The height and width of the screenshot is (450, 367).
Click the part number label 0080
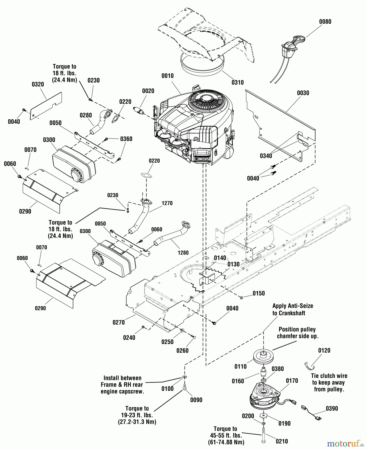[325, 22]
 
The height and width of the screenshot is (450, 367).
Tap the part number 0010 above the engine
[167, 76]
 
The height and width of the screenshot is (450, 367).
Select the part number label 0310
[237, 82]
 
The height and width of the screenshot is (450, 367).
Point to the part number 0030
[303, 93]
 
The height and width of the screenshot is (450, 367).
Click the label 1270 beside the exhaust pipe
[167, 203]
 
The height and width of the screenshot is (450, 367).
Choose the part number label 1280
[183, 253]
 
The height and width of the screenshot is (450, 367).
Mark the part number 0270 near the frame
[118, 322]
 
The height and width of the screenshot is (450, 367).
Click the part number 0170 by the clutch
[292, 381]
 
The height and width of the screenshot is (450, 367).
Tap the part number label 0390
[332, 408]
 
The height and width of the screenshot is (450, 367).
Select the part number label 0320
[38, 84]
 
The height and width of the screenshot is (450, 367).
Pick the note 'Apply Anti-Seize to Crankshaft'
[292, 309]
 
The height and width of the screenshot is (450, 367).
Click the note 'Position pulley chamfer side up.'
[297, 333]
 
